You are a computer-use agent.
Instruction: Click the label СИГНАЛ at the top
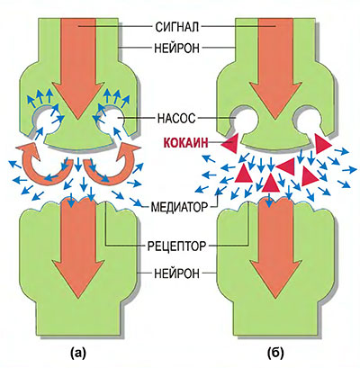coord(177,27)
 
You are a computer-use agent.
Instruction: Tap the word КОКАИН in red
coord(185,143)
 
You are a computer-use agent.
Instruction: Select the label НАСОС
coord(176,118)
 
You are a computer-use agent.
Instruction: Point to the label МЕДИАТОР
coord(179,207)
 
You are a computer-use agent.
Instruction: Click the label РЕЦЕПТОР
coord(177,247)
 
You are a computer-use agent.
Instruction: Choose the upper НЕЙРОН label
coord(176,48)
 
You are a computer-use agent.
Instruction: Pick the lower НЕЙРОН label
coord(176,274)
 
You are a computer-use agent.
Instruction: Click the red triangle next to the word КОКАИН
coord(230,144)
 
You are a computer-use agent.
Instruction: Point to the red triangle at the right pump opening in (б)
coord(321,144)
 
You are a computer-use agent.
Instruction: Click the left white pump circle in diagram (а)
coord(45,121)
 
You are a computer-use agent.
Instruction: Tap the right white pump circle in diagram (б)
coord(309,121)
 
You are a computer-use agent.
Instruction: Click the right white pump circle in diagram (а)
coord(112,121)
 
